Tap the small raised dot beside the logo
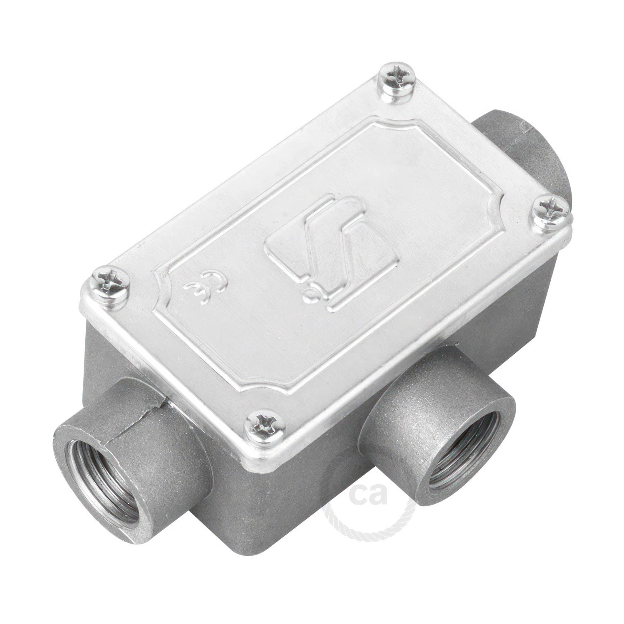(309, 296)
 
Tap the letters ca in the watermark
(368, 495)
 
